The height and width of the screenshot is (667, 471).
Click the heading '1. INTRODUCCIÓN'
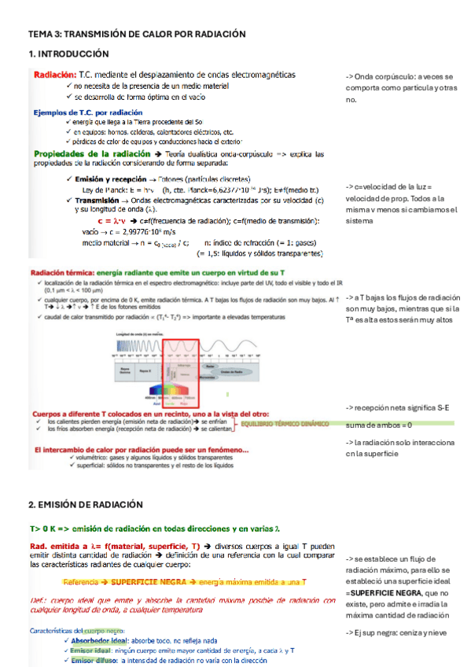tap(68, 53)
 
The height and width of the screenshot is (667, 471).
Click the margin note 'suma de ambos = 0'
tap(379, 425)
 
